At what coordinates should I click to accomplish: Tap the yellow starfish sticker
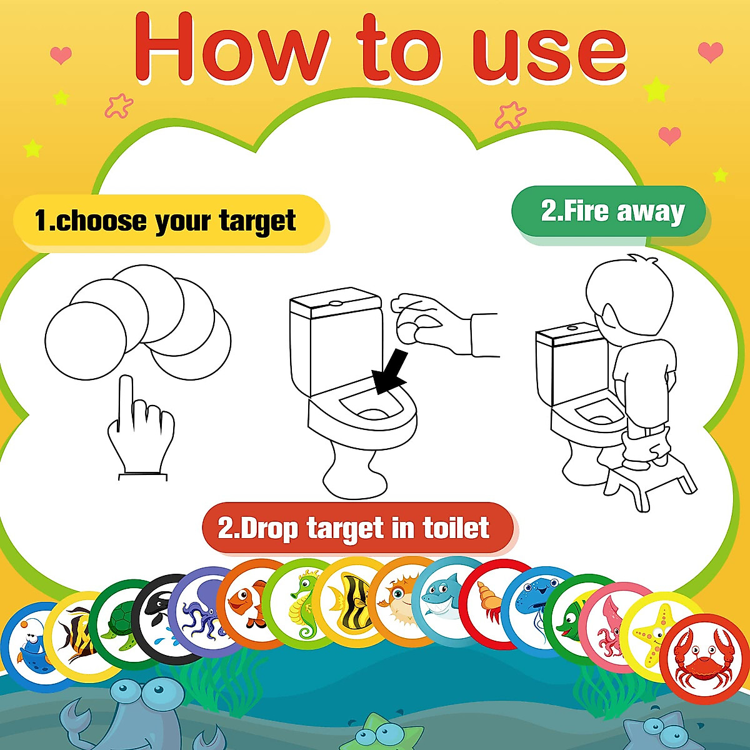pos(653,634)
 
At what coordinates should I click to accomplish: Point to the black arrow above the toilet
pos(389,372)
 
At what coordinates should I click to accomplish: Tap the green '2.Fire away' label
pos(609,211)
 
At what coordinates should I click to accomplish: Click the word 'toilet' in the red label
pos(456,528)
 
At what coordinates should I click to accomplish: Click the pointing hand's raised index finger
pos(127,400)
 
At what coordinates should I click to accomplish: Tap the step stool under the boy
pos(650,478)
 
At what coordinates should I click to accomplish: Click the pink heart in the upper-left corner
pos(61,55)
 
